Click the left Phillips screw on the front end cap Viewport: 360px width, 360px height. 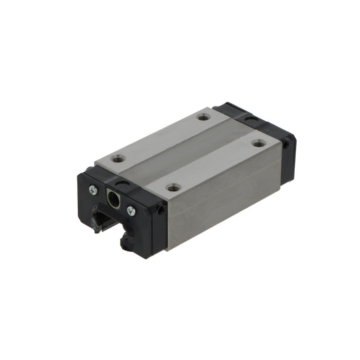click(93, 189)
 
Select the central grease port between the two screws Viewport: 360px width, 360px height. click(113, 198)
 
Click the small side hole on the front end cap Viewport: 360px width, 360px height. click(161, 210)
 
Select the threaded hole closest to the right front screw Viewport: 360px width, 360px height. click(174, 188)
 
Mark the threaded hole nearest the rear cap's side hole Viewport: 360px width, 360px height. click(259, 145)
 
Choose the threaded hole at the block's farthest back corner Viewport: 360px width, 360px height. click(204, 117)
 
